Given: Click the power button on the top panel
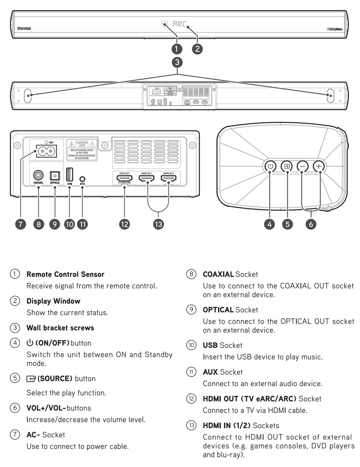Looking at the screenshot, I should (x=270, y=166).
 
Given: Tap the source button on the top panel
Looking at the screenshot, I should (x=286, y=166).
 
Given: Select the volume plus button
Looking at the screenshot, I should (x=319, y=166).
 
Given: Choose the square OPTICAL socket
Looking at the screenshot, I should (x=55, y=176).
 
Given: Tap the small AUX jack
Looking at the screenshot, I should (x=83, y=179).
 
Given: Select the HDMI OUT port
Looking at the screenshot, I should (x=125, y=179).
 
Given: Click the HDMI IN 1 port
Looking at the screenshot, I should (x=147, y=179).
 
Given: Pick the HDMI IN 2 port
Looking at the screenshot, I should (x=169, y=179).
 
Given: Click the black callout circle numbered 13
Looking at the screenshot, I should (x=159, y=224).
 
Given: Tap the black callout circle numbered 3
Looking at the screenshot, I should (x=177, y=62).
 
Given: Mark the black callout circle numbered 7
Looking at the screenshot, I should (x=21, y=224).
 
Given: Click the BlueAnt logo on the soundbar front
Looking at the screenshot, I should (x=24, y=29).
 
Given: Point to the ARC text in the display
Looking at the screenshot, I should (x=180, y=24).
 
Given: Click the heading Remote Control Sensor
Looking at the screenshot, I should (x=65, y=274).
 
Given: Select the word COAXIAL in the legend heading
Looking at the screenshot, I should (x=218, y=274).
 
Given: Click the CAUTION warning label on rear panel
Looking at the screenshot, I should (x=82, y=150).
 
